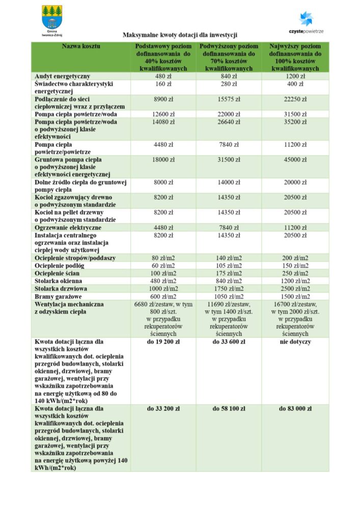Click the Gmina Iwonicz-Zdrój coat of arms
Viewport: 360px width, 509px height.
(x=52, y=18)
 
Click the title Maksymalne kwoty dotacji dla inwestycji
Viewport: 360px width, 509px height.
(x=180, y=35)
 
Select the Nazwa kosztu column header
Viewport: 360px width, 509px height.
(x=81, y=46)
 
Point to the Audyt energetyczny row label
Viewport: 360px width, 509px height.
(x=63, y=76)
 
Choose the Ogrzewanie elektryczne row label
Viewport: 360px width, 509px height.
(x=68, y=228)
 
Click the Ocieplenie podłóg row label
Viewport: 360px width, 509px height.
(x=60, y=266)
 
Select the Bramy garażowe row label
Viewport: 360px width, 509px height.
(x=59, y=296)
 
